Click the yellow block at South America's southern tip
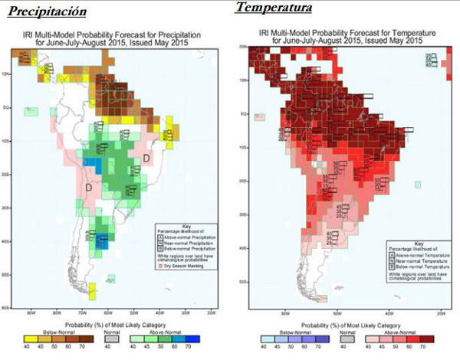pyautogui.click(x=93, y=291)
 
